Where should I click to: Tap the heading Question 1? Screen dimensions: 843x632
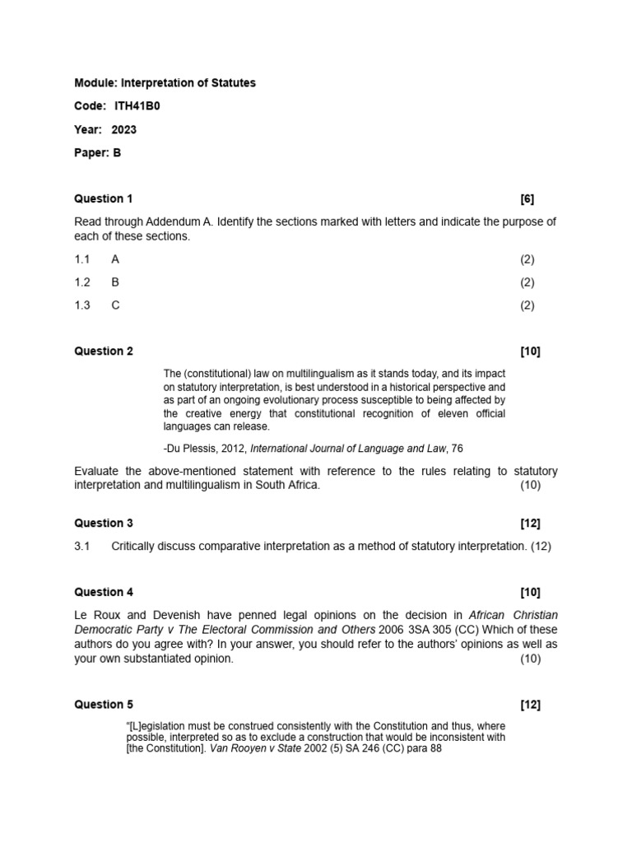coord(104,198)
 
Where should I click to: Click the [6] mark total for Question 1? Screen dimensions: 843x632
coord(527,198)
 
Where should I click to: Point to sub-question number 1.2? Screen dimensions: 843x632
coord(82,282)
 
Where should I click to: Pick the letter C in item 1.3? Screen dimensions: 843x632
coord(115,305)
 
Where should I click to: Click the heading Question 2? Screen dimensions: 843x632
coord(104,352)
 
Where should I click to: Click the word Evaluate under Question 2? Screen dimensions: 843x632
coord(98,471)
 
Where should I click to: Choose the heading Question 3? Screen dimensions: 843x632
coord(104,523)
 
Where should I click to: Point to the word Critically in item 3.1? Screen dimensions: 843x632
coord(136,546)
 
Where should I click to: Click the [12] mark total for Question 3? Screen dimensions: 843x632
coord(531,523)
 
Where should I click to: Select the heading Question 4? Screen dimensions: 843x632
coord(104,592)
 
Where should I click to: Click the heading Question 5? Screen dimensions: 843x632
coord(104,705)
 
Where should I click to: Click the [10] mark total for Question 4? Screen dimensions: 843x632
coord(531,592)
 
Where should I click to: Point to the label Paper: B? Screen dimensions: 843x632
coord(98,152)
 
